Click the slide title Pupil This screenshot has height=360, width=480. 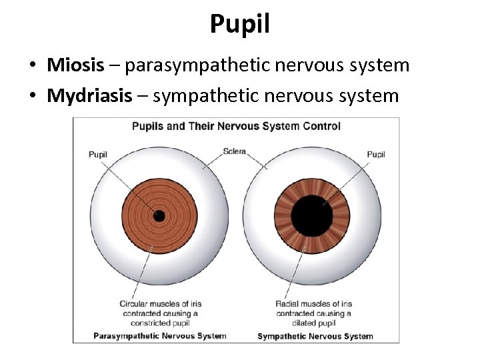[240, 24]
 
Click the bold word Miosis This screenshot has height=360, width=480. [75, 65]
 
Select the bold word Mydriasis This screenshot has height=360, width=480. [89, 96]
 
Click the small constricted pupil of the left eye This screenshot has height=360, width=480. [159, 215]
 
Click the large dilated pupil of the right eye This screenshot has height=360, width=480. [312, 215]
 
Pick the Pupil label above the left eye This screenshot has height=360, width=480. [98, 155]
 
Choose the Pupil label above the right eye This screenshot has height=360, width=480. [376, 155]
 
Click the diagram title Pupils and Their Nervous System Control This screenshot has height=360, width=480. [236, 126]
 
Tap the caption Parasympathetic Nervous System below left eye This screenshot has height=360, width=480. [159, 336]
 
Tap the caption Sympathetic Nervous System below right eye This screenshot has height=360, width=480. [315, 336]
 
